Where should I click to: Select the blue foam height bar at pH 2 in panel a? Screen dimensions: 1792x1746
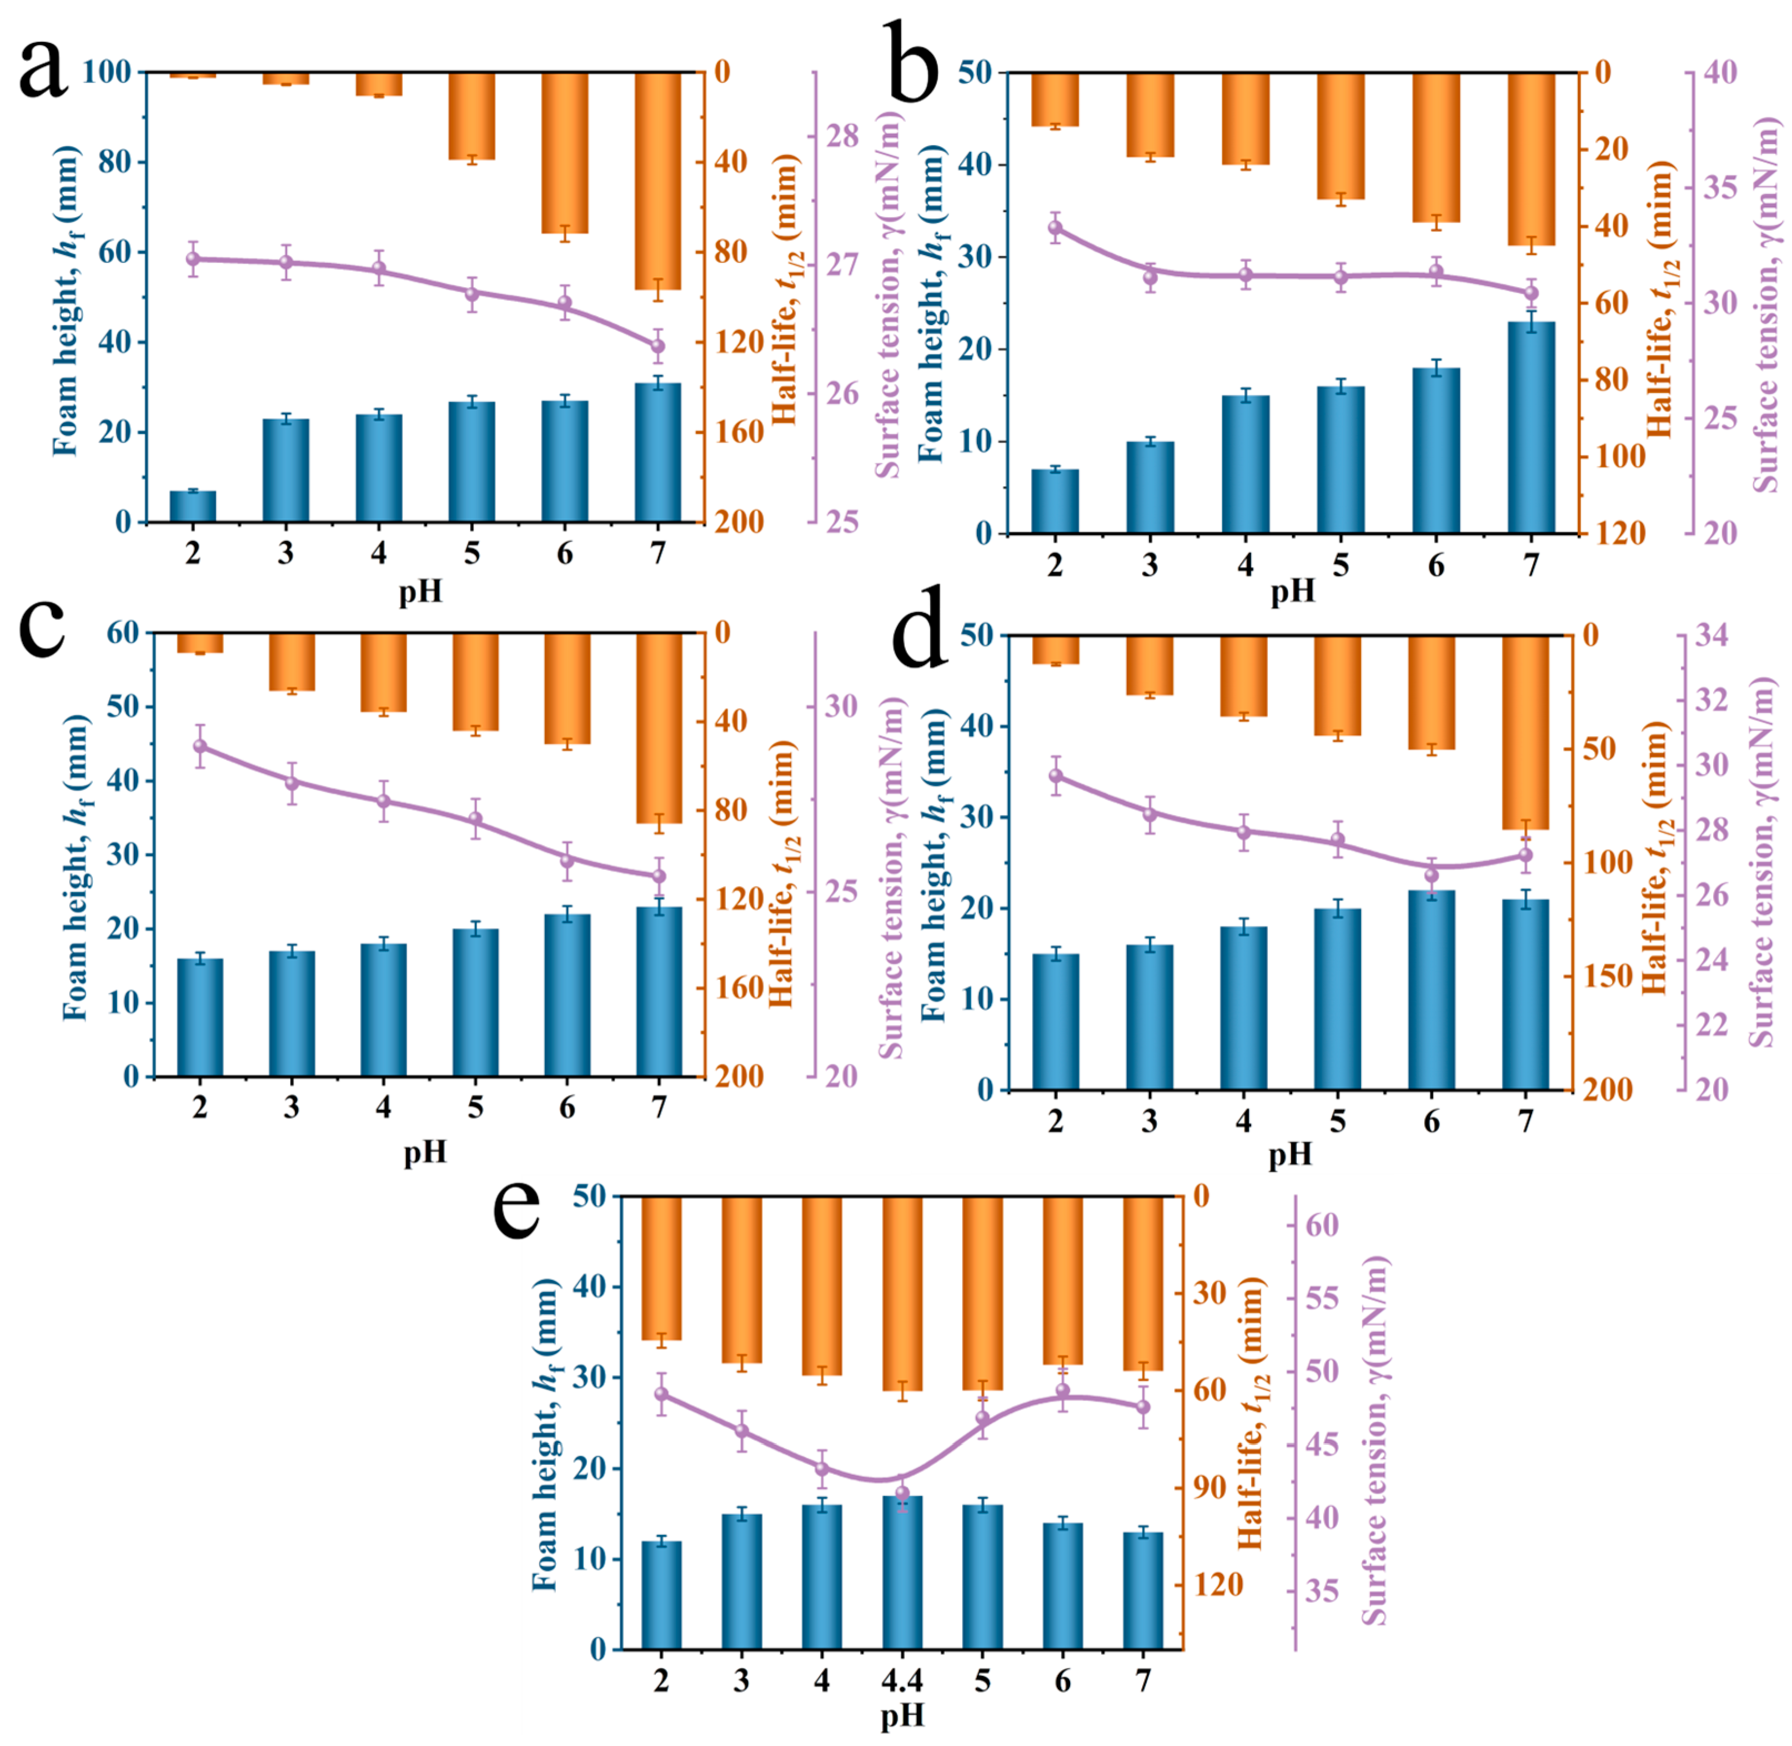click(x=193, y=506)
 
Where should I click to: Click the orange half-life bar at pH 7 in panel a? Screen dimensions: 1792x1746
click(x=658, y=181)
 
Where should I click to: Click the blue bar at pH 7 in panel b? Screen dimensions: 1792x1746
click(x=1532, y=427)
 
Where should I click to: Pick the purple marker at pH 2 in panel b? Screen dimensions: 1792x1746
click(x=1055, y=227)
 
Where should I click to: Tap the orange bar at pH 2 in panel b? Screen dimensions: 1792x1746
click(x=1055, y=99)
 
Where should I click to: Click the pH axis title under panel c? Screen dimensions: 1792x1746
click(x=425, y=1152)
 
